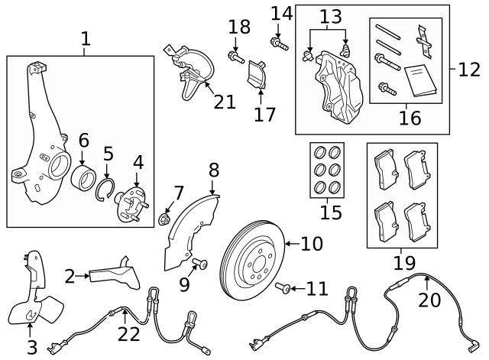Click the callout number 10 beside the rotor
click(x=312, y=245)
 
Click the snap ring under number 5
click(x=107, y=190)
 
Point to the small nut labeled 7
click(x=164, y=219)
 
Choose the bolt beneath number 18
click(x=235, y=56)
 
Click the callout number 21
click(x=225, y=101)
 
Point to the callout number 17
click(x=264, y=115)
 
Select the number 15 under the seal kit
click(x=331, y=212)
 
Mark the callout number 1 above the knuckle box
click(x=85, y=38)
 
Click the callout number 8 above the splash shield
click(x=214, y=170)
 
